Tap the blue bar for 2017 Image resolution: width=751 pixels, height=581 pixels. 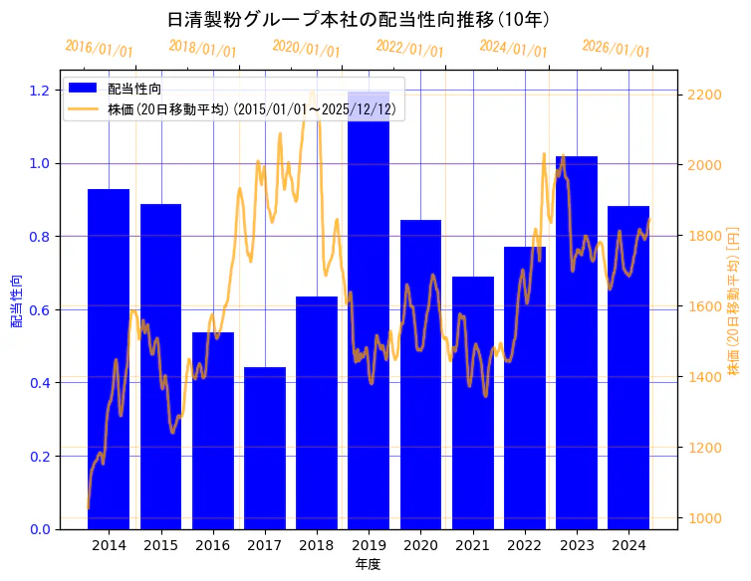pos(265,448)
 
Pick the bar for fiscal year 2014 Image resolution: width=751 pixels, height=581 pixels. pos(109,358)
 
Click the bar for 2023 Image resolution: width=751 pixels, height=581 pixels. pos(577,342)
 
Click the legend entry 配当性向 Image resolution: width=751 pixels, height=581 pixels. pos(134,90)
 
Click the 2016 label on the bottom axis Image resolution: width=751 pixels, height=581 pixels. pos(213,545)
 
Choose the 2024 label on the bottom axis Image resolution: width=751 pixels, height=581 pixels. pos(628,545)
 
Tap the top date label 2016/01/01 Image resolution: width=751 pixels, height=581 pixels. pos(99,49)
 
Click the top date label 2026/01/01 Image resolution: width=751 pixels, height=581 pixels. pos(616,49)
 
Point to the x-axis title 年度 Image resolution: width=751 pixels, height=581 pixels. pos(368,564)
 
